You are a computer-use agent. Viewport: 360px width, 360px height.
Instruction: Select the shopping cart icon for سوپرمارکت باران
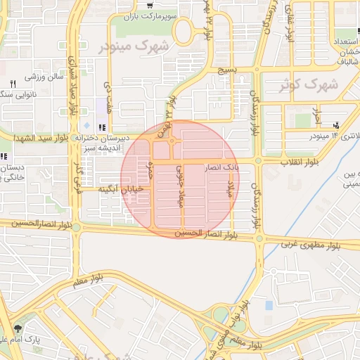click(x=150, y=6)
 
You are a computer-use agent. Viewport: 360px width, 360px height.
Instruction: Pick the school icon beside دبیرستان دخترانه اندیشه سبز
click(x=103, y=128)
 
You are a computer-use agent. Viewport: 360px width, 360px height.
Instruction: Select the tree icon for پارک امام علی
click(x=18, y=328)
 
